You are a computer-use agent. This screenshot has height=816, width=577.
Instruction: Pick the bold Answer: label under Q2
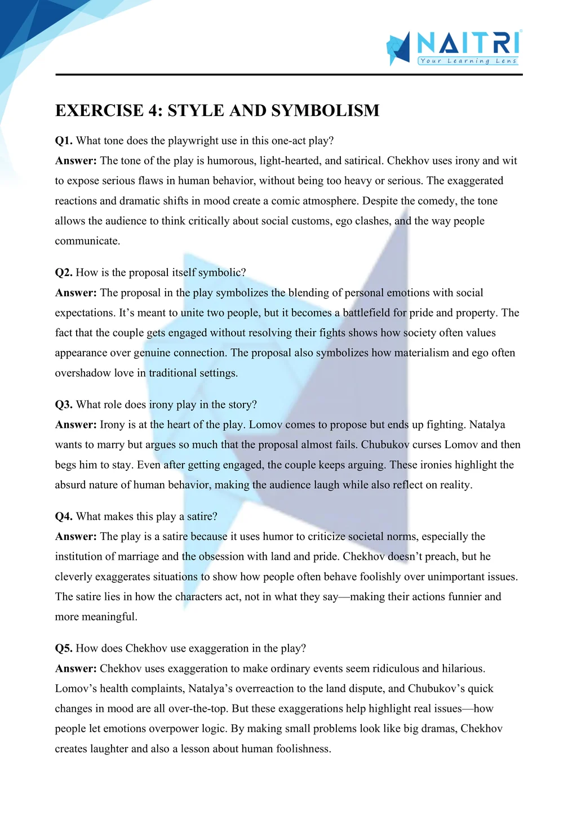76,293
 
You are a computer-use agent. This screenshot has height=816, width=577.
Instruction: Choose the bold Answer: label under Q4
76,537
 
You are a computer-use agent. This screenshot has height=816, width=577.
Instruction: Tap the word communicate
87,241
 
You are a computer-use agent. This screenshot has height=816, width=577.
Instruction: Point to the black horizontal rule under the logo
288,74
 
